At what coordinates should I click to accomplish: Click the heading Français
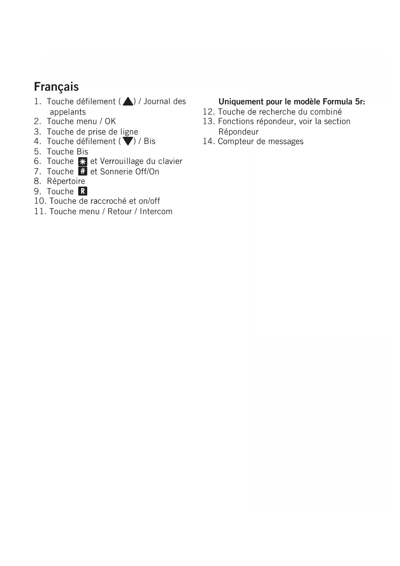point(56,87)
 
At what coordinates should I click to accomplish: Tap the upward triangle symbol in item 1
point(128,102)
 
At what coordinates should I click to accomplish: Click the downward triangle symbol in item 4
point(128,141)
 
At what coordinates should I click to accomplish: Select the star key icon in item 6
point(83,162)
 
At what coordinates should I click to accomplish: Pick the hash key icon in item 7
point(83,172)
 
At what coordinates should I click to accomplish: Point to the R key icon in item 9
point(83,191)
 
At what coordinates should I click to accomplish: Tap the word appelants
point(68,112)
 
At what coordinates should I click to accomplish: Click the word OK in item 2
point(110,121)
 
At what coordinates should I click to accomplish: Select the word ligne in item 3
point(129,132)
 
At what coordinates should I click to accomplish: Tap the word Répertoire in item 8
point(66,181)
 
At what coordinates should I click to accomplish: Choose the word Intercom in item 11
point(156,211)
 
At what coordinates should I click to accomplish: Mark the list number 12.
point(209,112)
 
